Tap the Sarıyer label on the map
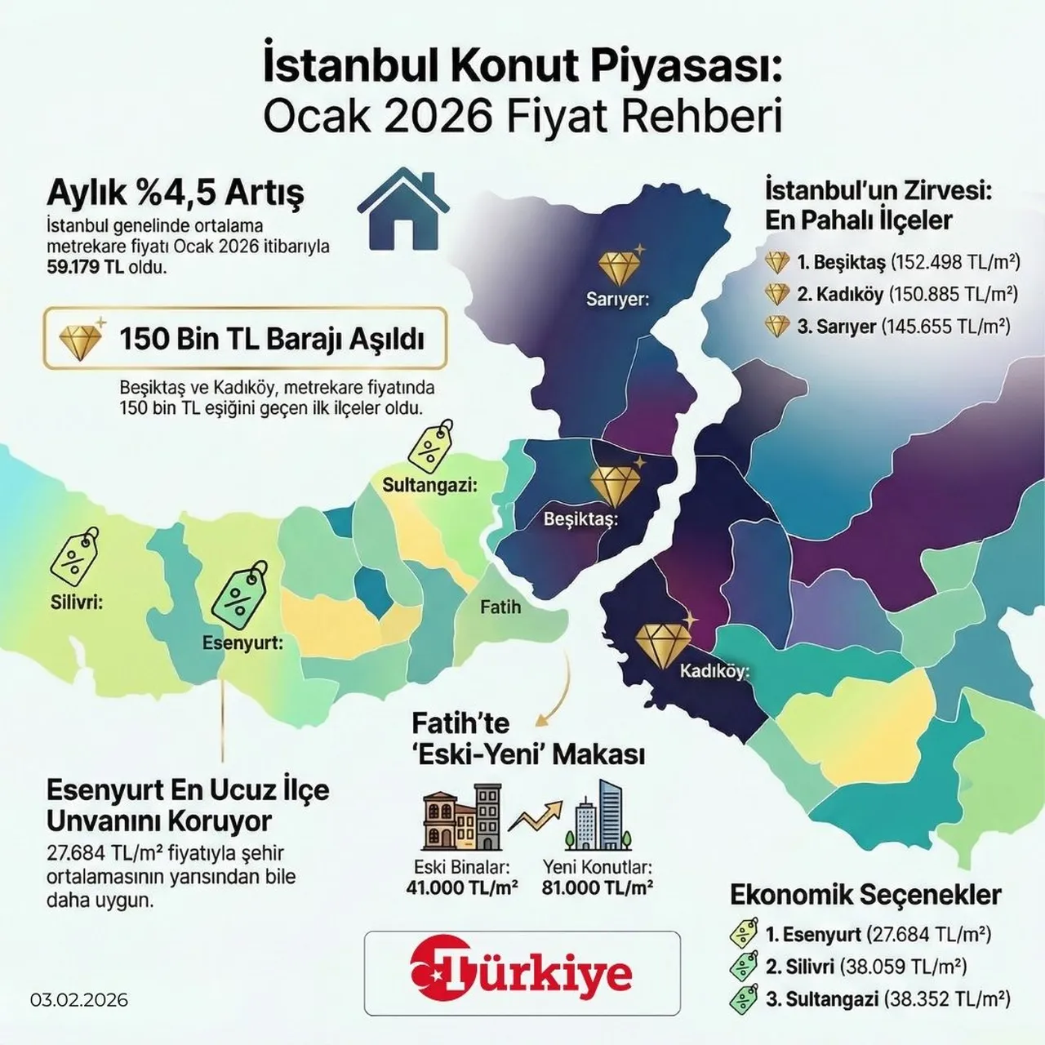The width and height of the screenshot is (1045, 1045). coord(617,300)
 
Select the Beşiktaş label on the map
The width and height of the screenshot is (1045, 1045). coord(580,518)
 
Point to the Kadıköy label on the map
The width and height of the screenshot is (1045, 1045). coord(714,672)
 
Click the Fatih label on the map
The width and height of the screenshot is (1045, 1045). coord(500,607)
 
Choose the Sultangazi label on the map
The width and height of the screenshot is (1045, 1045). coord(429,485)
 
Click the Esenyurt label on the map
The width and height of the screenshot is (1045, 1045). coord(242,643)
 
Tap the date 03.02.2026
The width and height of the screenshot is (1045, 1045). coord(79,1000)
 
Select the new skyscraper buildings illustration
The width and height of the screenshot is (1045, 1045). coord(598,816)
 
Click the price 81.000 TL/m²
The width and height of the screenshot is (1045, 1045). coord(597,887)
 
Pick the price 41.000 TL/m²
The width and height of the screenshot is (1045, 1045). coord(462,887)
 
